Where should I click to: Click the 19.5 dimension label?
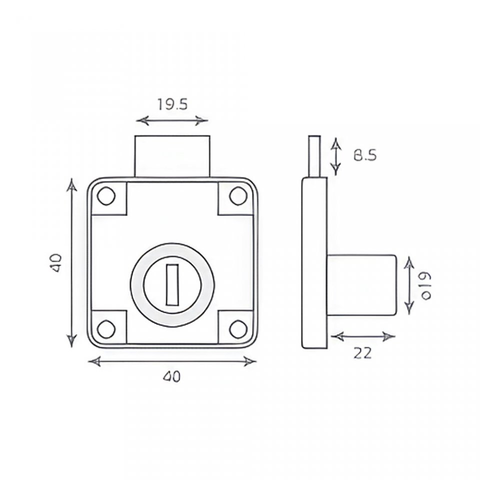[x=172, y=104]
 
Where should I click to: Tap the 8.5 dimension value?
[x=365, y=155]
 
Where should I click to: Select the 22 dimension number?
[x=363, y=353]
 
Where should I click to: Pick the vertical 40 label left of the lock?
[x=57, y=262]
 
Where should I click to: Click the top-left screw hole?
[x=106, y=196]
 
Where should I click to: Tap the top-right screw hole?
[x=238, y=196]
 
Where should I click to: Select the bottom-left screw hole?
[x=106, y=329]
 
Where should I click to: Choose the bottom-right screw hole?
[x=238, y=329]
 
